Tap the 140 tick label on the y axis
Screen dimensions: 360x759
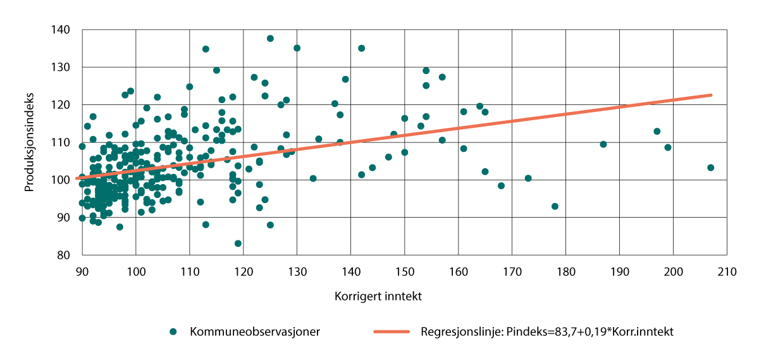point(63,30)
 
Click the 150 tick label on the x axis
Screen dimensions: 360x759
point(404,272)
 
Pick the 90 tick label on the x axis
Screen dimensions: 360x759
point(82,272)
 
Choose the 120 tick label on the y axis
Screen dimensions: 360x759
point(63,105)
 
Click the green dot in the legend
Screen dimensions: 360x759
point(173,332)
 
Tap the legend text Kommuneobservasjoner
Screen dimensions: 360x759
point(254,332)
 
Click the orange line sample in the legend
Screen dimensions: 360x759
point(390,332)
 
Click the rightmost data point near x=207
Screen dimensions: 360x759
point(710,168)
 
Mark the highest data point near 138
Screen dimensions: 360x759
point(270,39)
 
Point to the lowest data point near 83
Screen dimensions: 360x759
point(238,244)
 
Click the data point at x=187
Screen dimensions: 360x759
point(603,144)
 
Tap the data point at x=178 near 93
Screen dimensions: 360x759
point(555,206)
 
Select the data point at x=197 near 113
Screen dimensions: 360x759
point(657,132)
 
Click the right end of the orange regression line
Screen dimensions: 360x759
point(711,95)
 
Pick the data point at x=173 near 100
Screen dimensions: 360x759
point(528,178)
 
